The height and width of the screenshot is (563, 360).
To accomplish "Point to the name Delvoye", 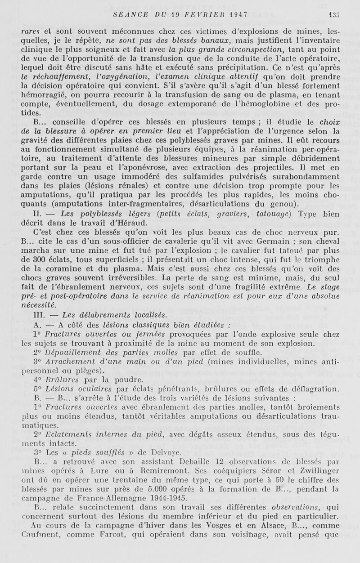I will coord(156,442).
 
